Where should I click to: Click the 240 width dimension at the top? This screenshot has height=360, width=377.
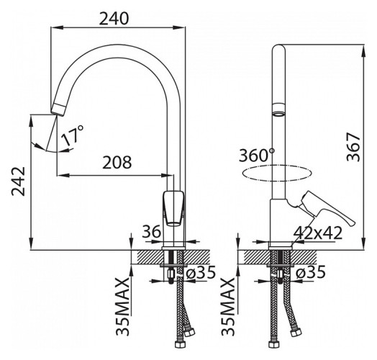click(x=114, y=19)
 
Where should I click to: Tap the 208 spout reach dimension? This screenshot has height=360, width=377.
click(x=117, y=162)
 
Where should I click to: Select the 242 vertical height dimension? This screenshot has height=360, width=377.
click(x=19, y=181)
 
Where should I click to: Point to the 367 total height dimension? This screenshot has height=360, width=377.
click(x=353, y=147)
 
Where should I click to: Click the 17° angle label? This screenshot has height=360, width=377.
click(x=72, y=135)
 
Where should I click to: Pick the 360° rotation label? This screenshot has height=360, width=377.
click(x=257, y=155)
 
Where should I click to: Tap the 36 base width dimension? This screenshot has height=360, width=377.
click(x=151, y=232)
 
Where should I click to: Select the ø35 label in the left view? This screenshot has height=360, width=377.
click(x=201, y=272)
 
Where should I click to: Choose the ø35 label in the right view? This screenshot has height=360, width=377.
click(x=310, y=272)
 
